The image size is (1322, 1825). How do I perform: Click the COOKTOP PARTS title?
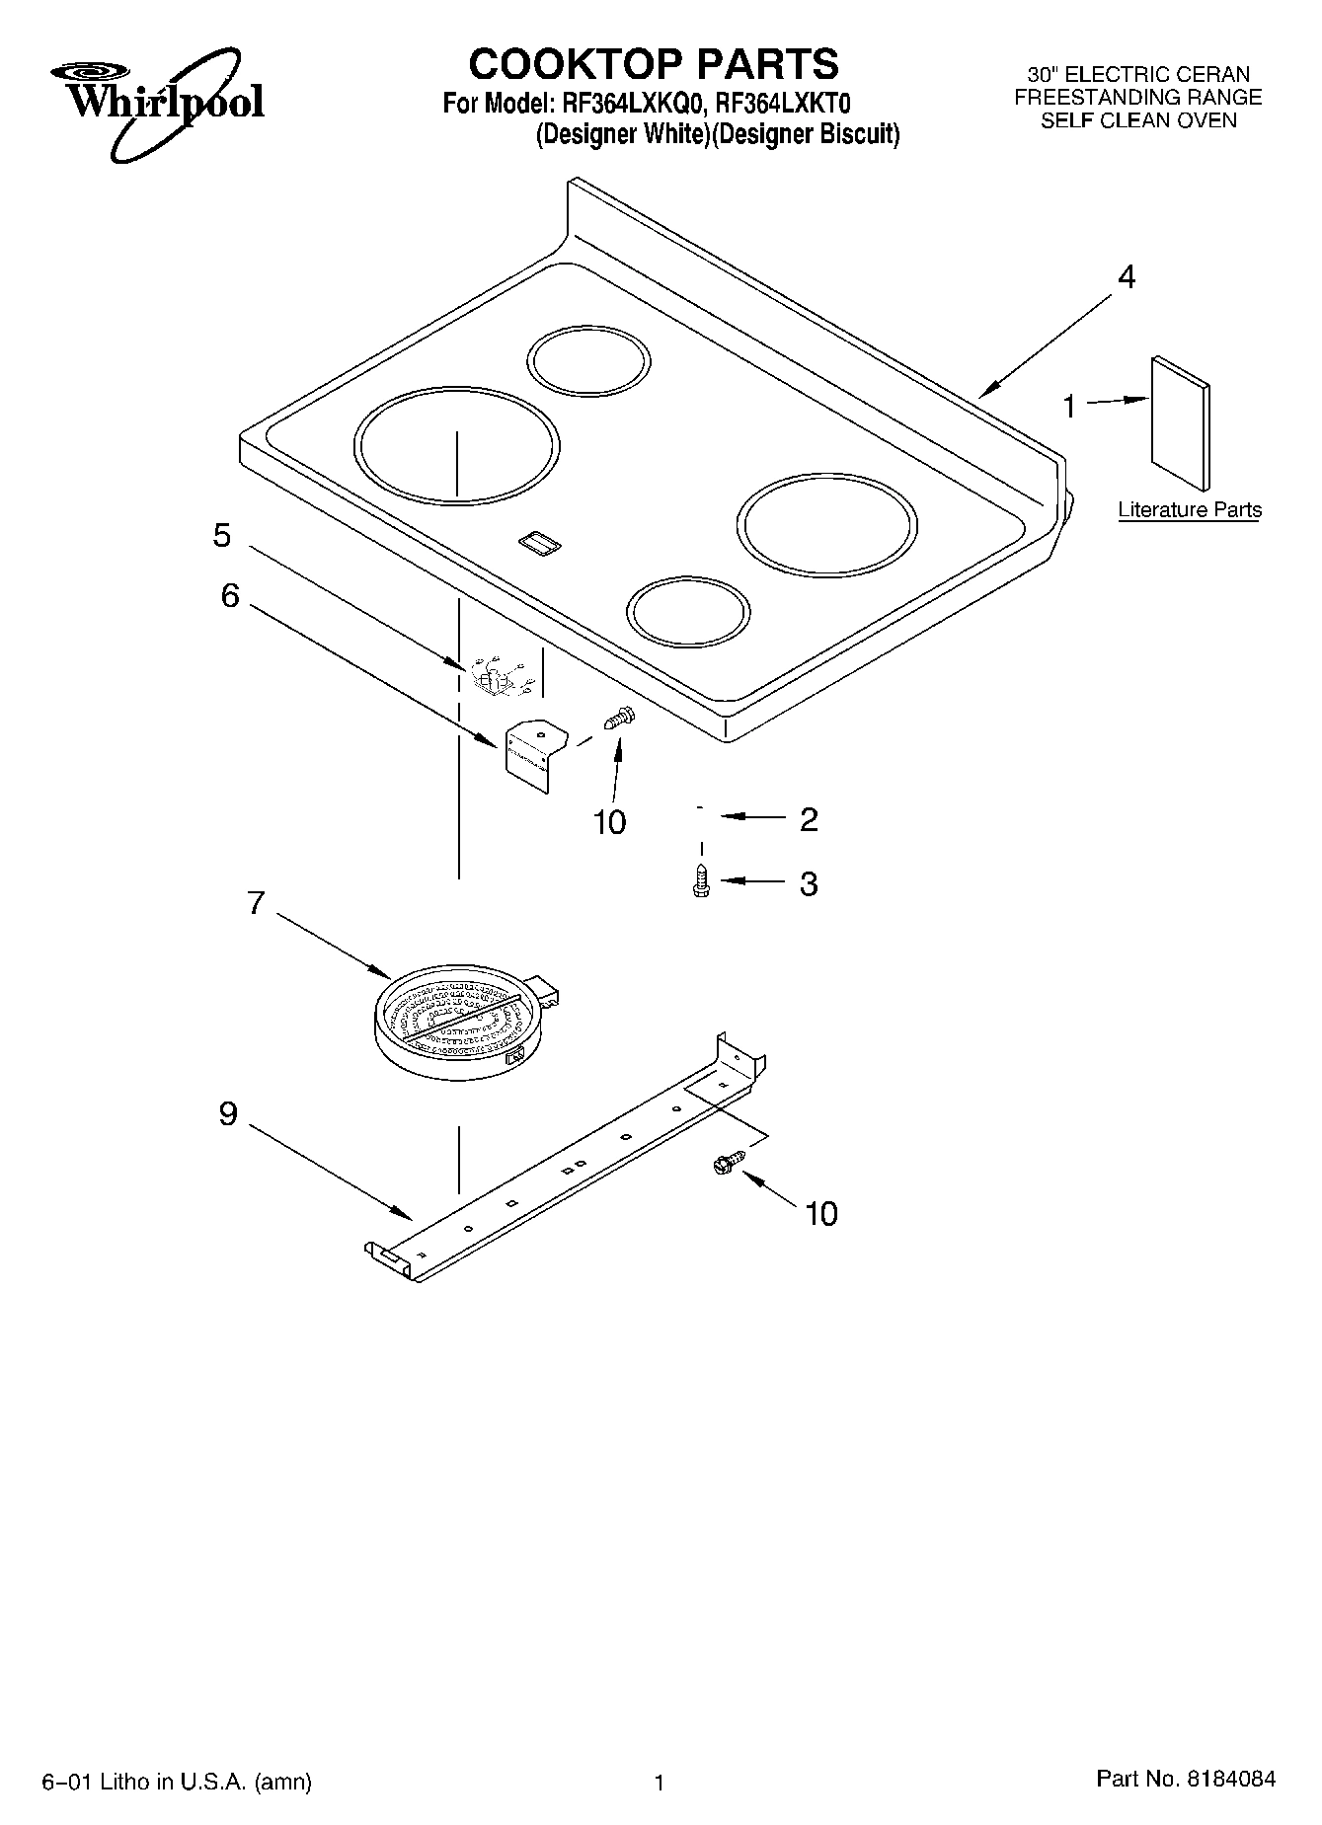653,64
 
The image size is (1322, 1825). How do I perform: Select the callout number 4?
1126,277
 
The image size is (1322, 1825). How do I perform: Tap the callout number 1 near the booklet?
1068,406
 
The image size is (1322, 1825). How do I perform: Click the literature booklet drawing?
1179,422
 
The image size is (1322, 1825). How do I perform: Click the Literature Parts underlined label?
1189,510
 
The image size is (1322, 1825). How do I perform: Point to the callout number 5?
222,536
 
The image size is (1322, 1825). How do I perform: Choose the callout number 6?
229,595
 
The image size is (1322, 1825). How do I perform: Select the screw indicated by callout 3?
701,880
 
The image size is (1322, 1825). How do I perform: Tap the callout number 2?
809,819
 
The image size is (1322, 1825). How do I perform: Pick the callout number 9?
228,1114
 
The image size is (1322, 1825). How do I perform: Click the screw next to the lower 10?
727,1165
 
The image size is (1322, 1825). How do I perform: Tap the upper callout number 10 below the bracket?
609,822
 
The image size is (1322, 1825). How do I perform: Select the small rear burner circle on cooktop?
588,356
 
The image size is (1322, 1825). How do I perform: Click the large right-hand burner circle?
826,525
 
